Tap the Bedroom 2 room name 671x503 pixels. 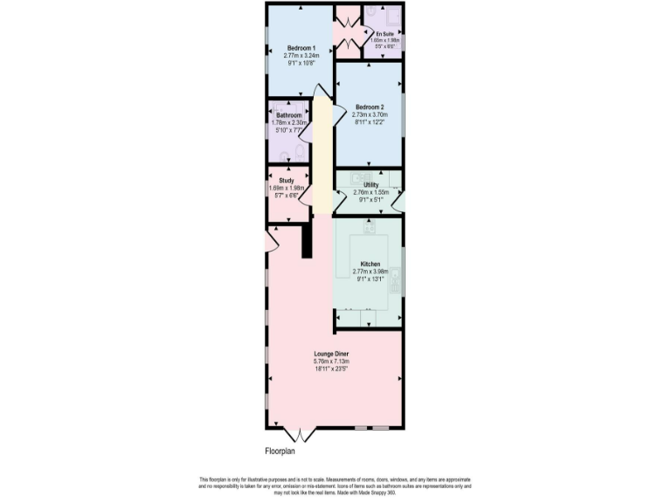click(370, 107)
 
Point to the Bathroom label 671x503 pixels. click(289, 116)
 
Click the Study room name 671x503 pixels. click(287, 182)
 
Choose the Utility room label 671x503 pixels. click(370, 185)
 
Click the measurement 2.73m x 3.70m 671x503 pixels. click(370, 114)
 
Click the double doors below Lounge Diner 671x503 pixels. click(299, 434)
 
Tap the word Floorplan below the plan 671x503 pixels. click(286, 451)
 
